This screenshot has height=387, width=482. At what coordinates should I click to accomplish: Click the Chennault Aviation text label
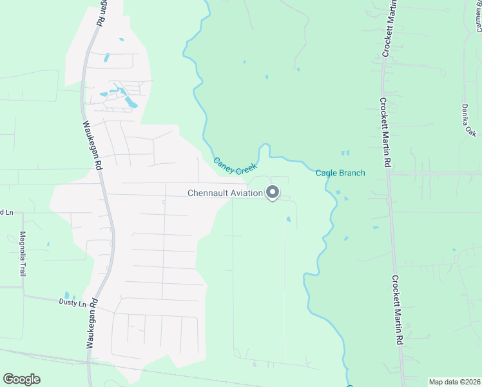[225, 193]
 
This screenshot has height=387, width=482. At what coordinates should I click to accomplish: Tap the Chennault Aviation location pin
[273, 192]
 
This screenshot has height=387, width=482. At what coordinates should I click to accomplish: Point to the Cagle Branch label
[340, 173]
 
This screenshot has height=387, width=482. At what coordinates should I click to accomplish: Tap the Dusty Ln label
[72, 303]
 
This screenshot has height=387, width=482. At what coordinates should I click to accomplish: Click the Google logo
[21, 379]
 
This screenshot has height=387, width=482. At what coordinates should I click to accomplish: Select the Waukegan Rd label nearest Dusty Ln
[92, 322]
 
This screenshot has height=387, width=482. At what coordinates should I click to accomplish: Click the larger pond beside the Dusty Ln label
[67, 295]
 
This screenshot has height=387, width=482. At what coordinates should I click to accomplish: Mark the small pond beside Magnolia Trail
[47, 244]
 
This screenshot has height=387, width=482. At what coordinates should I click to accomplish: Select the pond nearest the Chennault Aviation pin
[288, 219]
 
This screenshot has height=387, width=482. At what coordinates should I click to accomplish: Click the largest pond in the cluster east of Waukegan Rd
[130, 102]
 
